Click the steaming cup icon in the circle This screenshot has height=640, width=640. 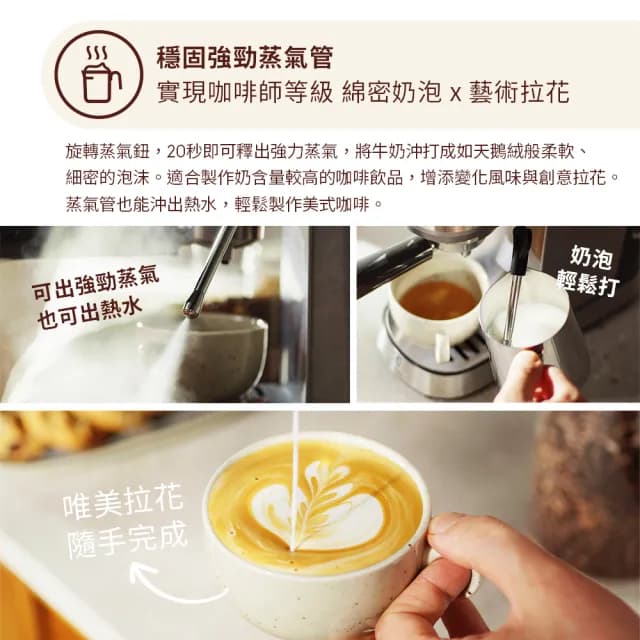point(98,75)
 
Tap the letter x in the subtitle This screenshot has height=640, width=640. point(453,94)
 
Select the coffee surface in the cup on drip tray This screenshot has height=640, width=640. point(437,299)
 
